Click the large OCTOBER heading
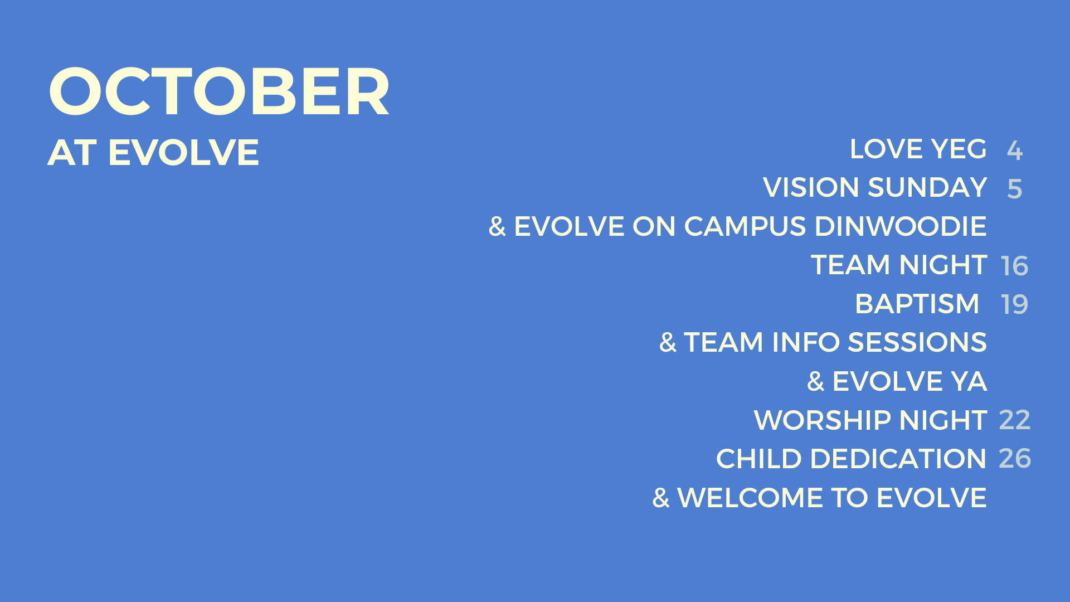[x=219, y=92]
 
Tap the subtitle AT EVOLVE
[x=153, y=152]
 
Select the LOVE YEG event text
[x=918, y=149]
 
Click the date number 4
[x=1015, y=151]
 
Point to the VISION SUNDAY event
[x=875, y=187]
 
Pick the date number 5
[x=1015, y=189]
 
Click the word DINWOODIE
[x=901, y=226]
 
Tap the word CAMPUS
[x=745, y=226]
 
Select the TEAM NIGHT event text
[x=899, y=265]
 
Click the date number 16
[x=1015, y=266]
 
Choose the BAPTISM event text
[x=917, y=304]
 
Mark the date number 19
[x=1015, y=305]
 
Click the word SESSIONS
[x=917, y=342]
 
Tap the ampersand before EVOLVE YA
[x=816, y=381]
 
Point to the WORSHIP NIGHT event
[x=870, y=420]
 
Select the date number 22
[x=1015, y=420]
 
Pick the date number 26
[x=1015, y=458]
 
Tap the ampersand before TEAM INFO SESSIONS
[x=668, y=342]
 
